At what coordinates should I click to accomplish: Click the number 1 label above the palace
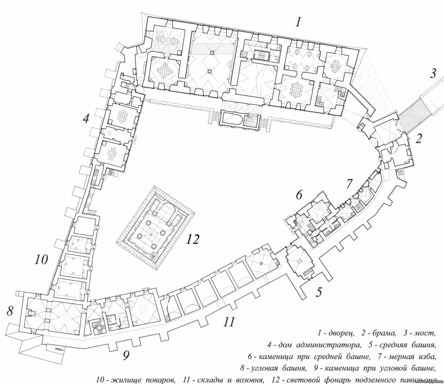298,22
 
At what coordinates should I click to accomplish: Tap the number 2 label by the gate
419,138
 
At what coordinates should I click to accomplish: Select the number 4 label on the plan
86,119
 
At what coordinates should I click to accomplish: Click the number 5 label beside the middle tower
319,292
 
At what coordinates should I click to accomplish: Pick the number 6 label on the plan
299,195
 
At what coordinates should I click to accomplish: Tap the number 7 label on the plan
349,184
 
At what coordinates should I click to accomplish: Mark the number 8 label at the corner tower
10,311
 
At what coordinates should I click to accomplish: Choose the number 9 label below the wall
126,355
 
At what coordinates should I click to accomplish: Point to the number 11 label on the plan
229,322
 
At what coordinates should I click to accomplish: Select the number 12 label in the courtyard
192,239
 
